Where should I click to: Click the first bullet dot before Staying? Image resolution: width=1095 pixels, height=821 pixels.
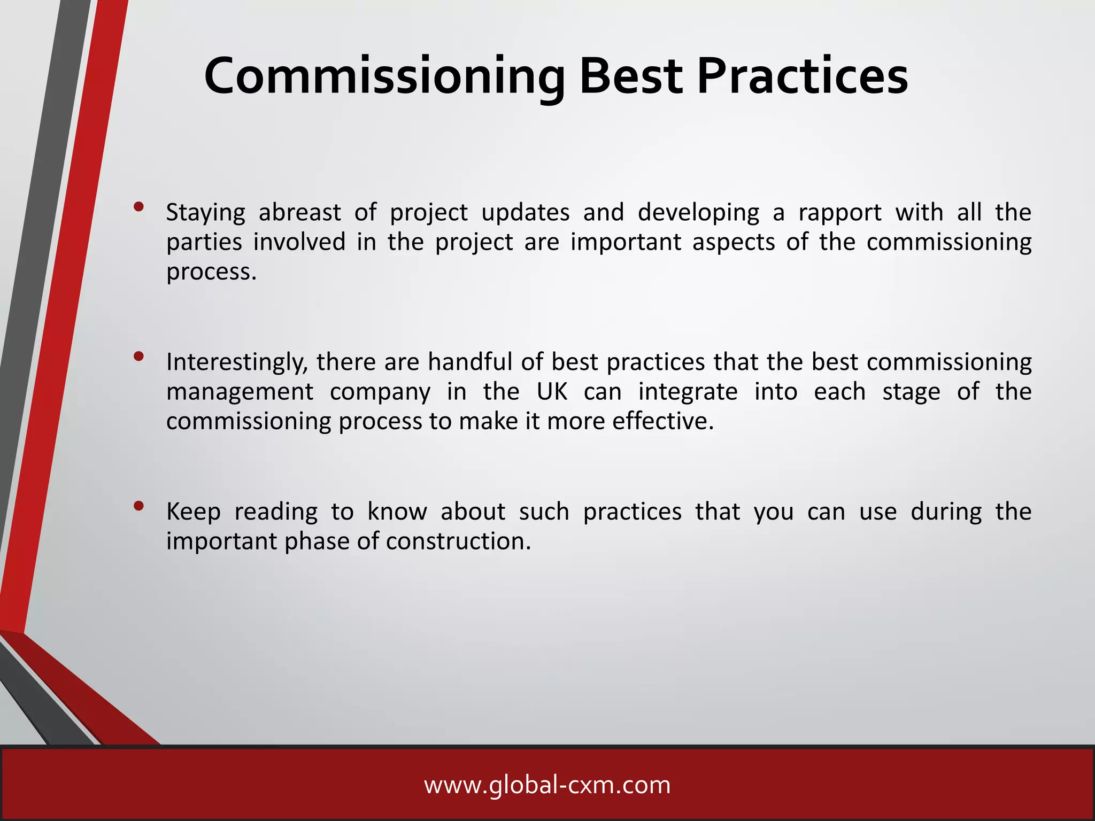139,207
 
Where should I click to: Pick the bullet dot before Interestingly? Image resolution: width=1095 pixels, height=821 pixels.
139,357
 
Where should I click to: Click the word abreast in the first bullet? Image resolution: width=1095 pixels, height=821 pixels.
299,213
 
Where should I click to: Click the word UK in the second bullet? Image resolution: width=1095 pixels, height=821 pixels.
552,392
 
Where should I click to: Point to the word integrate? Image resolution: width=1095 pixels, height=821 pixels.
688,392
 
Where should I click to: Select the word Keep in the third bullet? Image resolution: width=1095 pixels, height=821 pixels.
193,512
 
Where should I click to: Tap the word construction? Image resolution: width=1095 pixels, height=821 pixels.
458,541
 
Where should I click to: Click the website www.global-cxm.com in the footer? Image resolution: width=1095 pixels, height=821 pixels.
547,785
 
